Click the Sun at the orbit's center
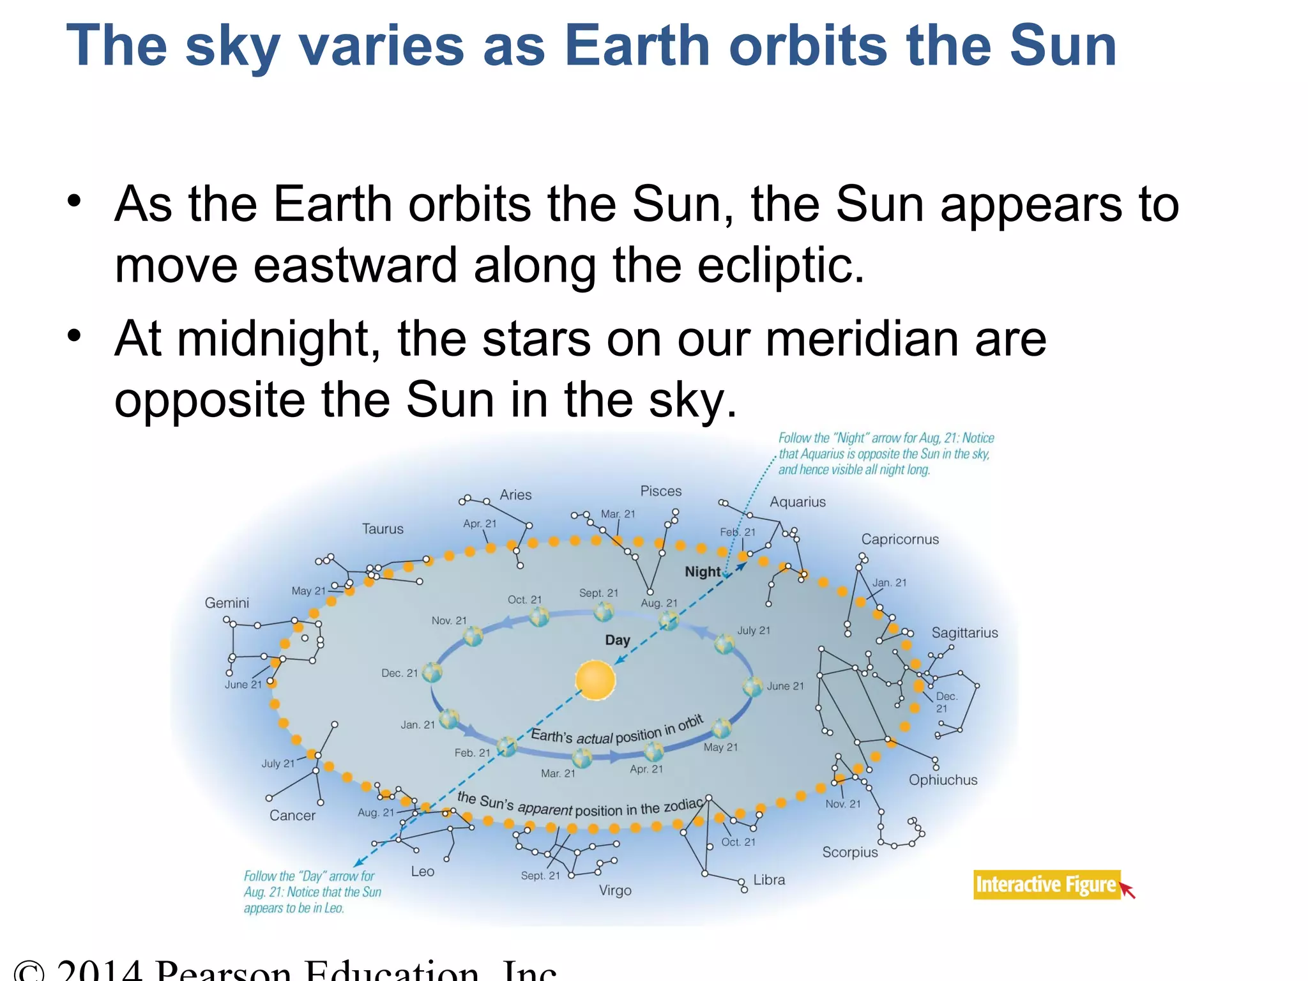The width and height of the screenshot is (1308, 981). click(595, 680)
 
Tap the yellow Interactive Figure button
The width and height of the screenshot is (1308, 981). click(1046, 885)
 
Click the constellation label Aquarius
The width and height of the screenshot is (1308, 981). click(797, 502)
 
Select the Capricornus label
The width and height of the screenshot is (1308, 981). click(899, 539)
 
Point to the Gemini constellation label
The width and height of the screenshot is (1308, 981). click(227, 603)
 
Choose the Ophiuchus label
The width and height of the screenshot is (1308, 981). click(943, 780)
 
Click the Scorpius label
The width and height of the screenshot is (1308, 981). click(849, 852)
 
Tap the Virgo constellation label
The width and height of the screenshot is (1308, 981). click(615, 890)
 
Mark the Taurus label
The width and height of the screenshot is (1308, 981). click(383, 529)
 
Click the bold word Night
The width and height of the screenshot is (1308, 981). click(703, 572)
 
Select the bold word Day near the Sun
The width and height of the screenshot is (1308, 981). click(617, 640)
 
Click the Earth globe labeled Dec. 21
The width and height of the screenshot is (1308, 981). click(432, 673)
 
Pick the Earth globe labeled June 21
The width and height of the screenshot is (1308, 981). click(753, 687)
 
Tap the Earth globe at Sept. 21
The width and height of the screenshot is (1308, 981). click(603, 612)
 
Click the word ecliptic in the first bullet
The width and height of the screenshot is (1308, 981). click(780, 265)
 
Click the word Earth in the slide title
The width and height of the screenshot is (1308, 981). click(637, 46)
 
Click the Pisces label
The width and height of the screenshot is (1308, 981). click(660, 491)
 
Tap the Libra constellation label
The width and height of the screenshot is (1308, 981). click(769, 879)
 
